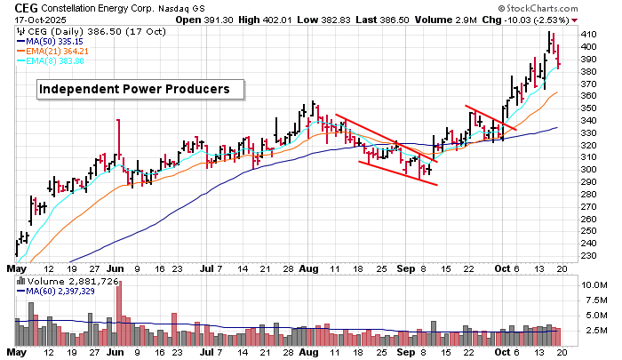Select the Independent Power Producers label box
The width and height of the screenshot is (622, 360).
[x=133, y=89]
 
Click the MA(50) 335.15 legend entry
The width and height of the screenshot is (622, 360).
[x=73, y=40]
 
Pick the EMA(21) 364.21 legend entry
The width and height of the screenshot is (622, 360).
[x=76, y=51]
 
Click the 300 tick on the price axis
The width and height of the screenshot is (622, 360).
[x=587, y=169]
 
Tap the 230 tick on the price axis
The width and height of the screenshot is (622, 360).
[x=587, y=255]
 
